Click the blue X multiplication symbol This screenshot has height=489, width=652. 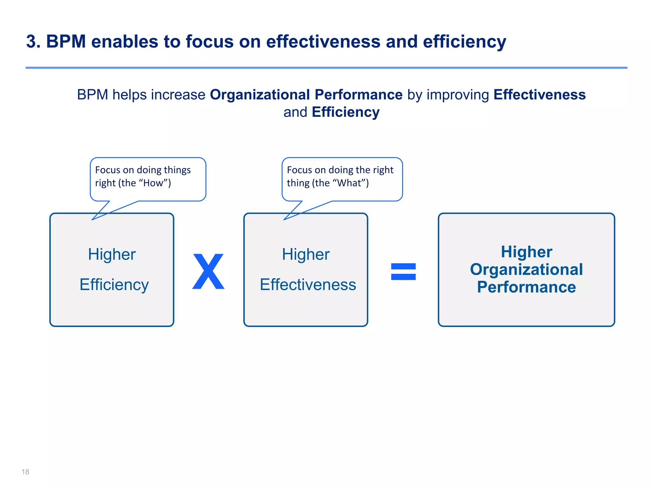(209, 272)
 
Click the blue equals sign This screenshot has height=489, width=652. (403, 272)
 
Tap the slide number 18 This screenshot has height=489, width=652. (25, 472)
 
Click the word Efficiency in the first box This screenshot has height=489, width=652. (114, 285)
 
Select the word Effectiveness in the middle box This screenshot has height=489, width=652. (308, 285)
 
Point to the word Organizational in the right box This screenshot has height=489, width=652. (526, 270)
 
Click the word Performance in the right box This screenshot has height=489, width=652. (526, 287)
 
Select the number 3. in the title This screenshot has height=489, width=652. (33, 42)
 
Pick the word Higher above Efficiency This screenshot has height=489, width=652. (112, 254)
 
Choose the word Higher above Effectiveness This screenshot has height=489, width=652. (306, 254)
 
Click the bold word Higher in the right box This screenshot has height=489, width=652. (526, 252)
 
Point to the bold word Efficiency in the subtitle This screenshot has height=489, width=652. (346, 112)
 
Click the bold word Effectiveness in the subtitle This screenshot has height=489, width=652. (539, 95)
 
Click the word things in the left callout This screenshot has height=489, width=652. (177, 170)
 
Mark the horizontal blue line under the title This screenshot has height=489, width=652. (326, 68)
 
